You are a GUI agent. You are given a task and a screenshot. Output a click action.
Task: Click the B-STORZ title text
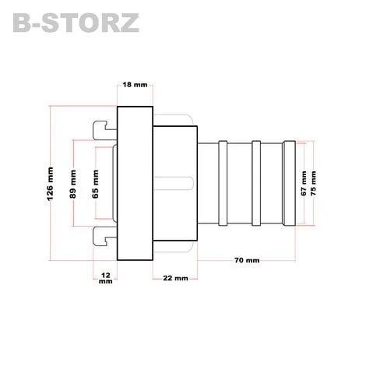coord(76,23)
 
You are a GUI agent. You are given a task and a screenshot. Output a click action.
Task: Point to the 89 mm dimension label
coord(73,183)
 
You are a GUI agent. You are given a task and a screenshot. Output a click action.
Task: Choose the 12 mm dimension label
coord(105,279)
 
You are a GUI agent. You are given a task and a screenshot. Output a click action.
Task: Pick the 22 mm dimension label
coord(175,277)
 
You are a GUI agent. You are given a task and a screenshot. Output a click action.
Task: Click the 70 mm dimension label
coord(247,260)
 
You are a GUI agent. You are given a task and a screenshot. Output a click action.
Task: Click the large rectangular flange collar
coord(134,183)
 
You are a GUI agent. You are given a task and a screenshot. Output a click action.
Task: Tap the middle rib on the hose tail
coord(255,183)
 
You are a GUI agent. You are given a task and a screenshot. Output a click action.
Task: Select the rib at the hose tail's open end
coord(290,183)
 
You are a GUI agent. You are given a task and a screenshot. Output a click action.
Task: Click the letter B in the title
coord(24,23)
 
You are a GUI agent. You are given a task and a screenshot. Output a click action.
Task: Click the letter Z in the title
coord(128,23)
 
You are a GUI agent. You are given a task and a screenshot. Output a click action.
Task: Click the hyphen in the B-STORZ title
coord(40,24)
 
